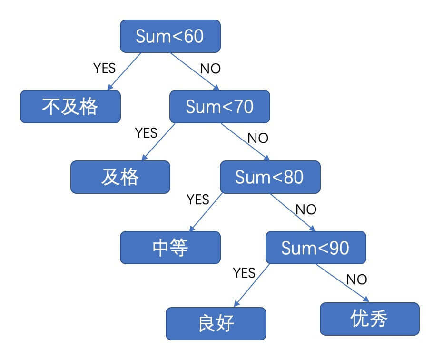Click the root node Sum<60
coord(170,36)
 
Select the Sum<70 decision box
coord(220,107)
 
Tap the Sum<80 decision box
coord(270,177)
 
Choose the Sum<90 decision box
coord(315,248)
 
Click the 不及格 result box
coord(70,107)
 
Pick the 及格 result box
coord(120,177)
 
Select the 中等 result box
coord(170,248)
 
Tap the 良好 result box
coord(216,323)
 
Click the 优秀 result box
coord(369,319)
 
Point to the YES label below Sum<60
coord(104,68)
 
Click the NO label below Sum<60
coord(210,69)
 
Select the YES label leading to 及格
coord(146,132)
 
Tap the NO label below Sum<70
coord(258,139)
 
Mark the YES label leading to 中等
coord(198,199)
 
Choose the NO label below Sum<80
coord(306,209)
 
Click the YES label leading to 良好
coord(244,272)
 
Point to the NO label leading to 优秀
coord(356,279)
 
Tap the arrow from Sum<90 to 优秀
coord(343,283)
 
